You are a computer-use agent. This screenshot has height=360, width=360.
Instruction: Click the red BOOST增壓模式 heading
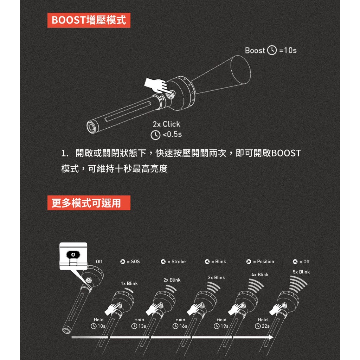89,20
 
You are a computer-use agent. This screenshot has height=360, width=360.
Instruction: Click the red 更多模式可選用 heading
89,203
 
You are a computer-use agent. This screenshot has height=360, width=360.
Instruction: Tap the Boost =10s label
271,51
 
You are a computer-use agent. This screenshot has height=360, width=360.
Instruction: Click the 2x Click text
166,124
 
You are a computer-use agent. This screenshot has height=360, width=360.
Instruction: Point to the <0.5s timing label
166,135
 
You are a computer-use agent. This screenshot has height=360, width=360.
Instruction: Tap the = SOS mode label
130,262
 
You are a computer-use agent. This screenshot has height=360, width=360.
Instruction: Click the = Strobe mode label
173,262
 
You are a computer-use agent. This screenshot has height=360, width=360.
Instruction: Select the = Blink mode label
216,262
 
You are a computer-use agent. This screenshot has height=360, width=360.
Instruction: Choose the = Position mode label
260,262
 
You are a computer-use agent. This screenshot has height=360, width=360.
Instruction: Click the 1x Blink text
129,283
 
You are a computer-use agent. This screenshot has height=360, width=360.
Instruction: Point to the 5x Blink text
301,272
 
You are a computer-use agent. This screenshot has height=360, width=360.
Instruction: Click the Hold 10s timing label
98,323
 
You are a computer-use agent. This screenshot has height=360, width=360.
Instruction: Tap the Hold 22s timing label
263,323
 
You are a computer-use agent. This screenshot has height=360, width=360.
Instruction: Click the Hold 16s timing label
180,323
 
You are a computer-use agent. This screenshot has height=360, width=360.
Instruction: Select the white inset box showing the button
73,256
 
